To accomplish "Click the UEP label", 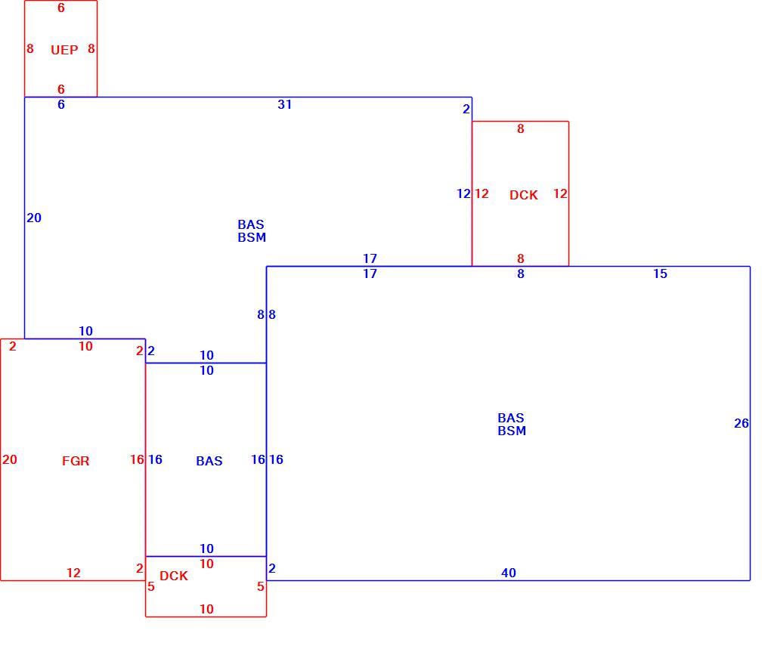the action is tap(64, 50).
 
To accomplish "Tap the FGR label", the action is tap(76, 461).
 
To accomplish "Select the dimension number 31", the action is tap(285, 104).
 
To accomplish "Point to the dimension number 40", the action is tap(509, 573).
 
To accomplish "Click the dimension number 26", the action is tap(742, 423).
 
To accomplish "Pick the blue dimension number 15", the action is tap(661, 274).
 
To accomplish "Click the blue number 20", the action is tap(34, 218).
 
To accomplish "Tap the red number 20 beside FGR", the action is tap(10, 459).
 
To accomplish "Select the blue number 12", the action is tap(463, 193).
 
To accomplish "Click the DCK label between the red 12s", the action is tap(524, 195).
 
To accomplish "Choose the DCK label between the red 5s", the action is tap(174, 576).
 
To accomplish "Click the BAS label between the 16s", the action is tap(209, 461).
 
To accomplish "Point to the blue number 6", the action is tap(61, 104).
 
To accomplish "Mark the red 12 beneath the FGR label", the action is tap(74, 573).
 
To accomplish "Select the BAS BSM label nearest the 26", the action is tap(512, 425).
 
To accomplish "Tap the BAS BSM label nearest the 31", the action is tap(252, 231).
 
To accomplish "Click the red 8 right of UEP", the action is tap(91, 48).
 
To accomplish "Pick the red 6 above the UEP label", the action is tap(61, 8).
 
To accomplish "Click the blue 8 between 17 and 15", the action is tap(521, 274).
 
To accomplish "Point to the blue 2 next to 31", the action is tap(466, 109).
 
